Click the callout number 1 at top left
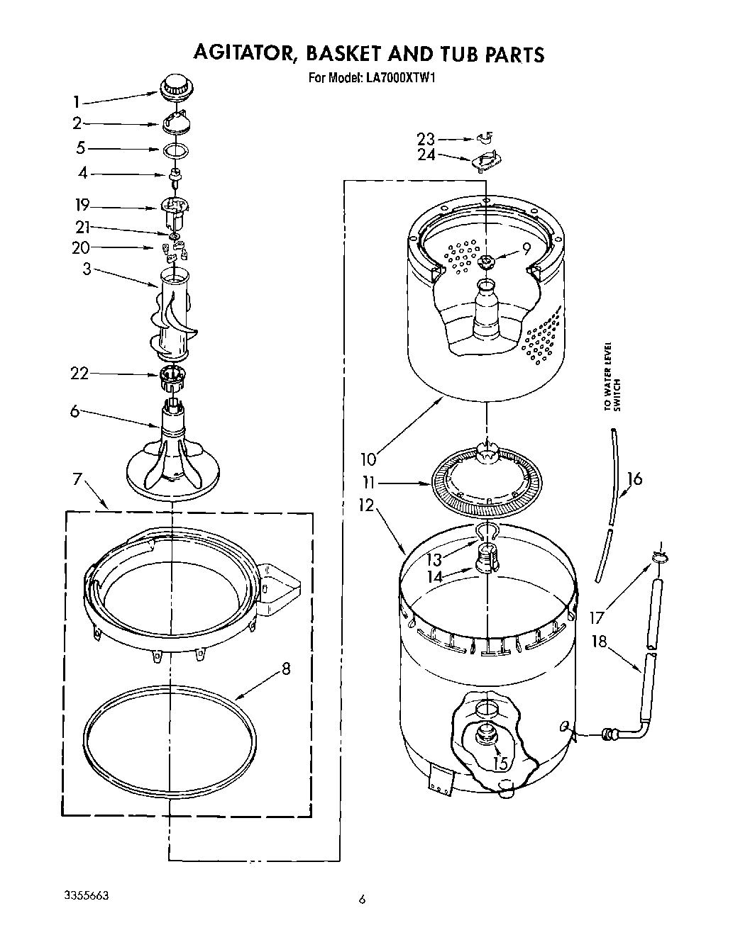pyautogui.click(x=77, y=102)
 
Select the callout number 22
pyautogui.click(x=79, y=374)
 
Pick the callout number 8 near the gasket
pyautogui.click(x=285, y=668)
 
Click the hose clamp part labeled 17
pyautogui.click(x=658, y=556)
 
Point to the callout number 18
pyautogui.click(x=600, y=642)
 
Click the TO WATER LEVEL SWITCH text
pyautogui.click(x=611, y=377)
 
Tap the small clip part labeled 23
pyautogui.click(x=485, y=138)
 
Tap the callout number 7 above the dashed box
pyautogui.click(x=77, y=479)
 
